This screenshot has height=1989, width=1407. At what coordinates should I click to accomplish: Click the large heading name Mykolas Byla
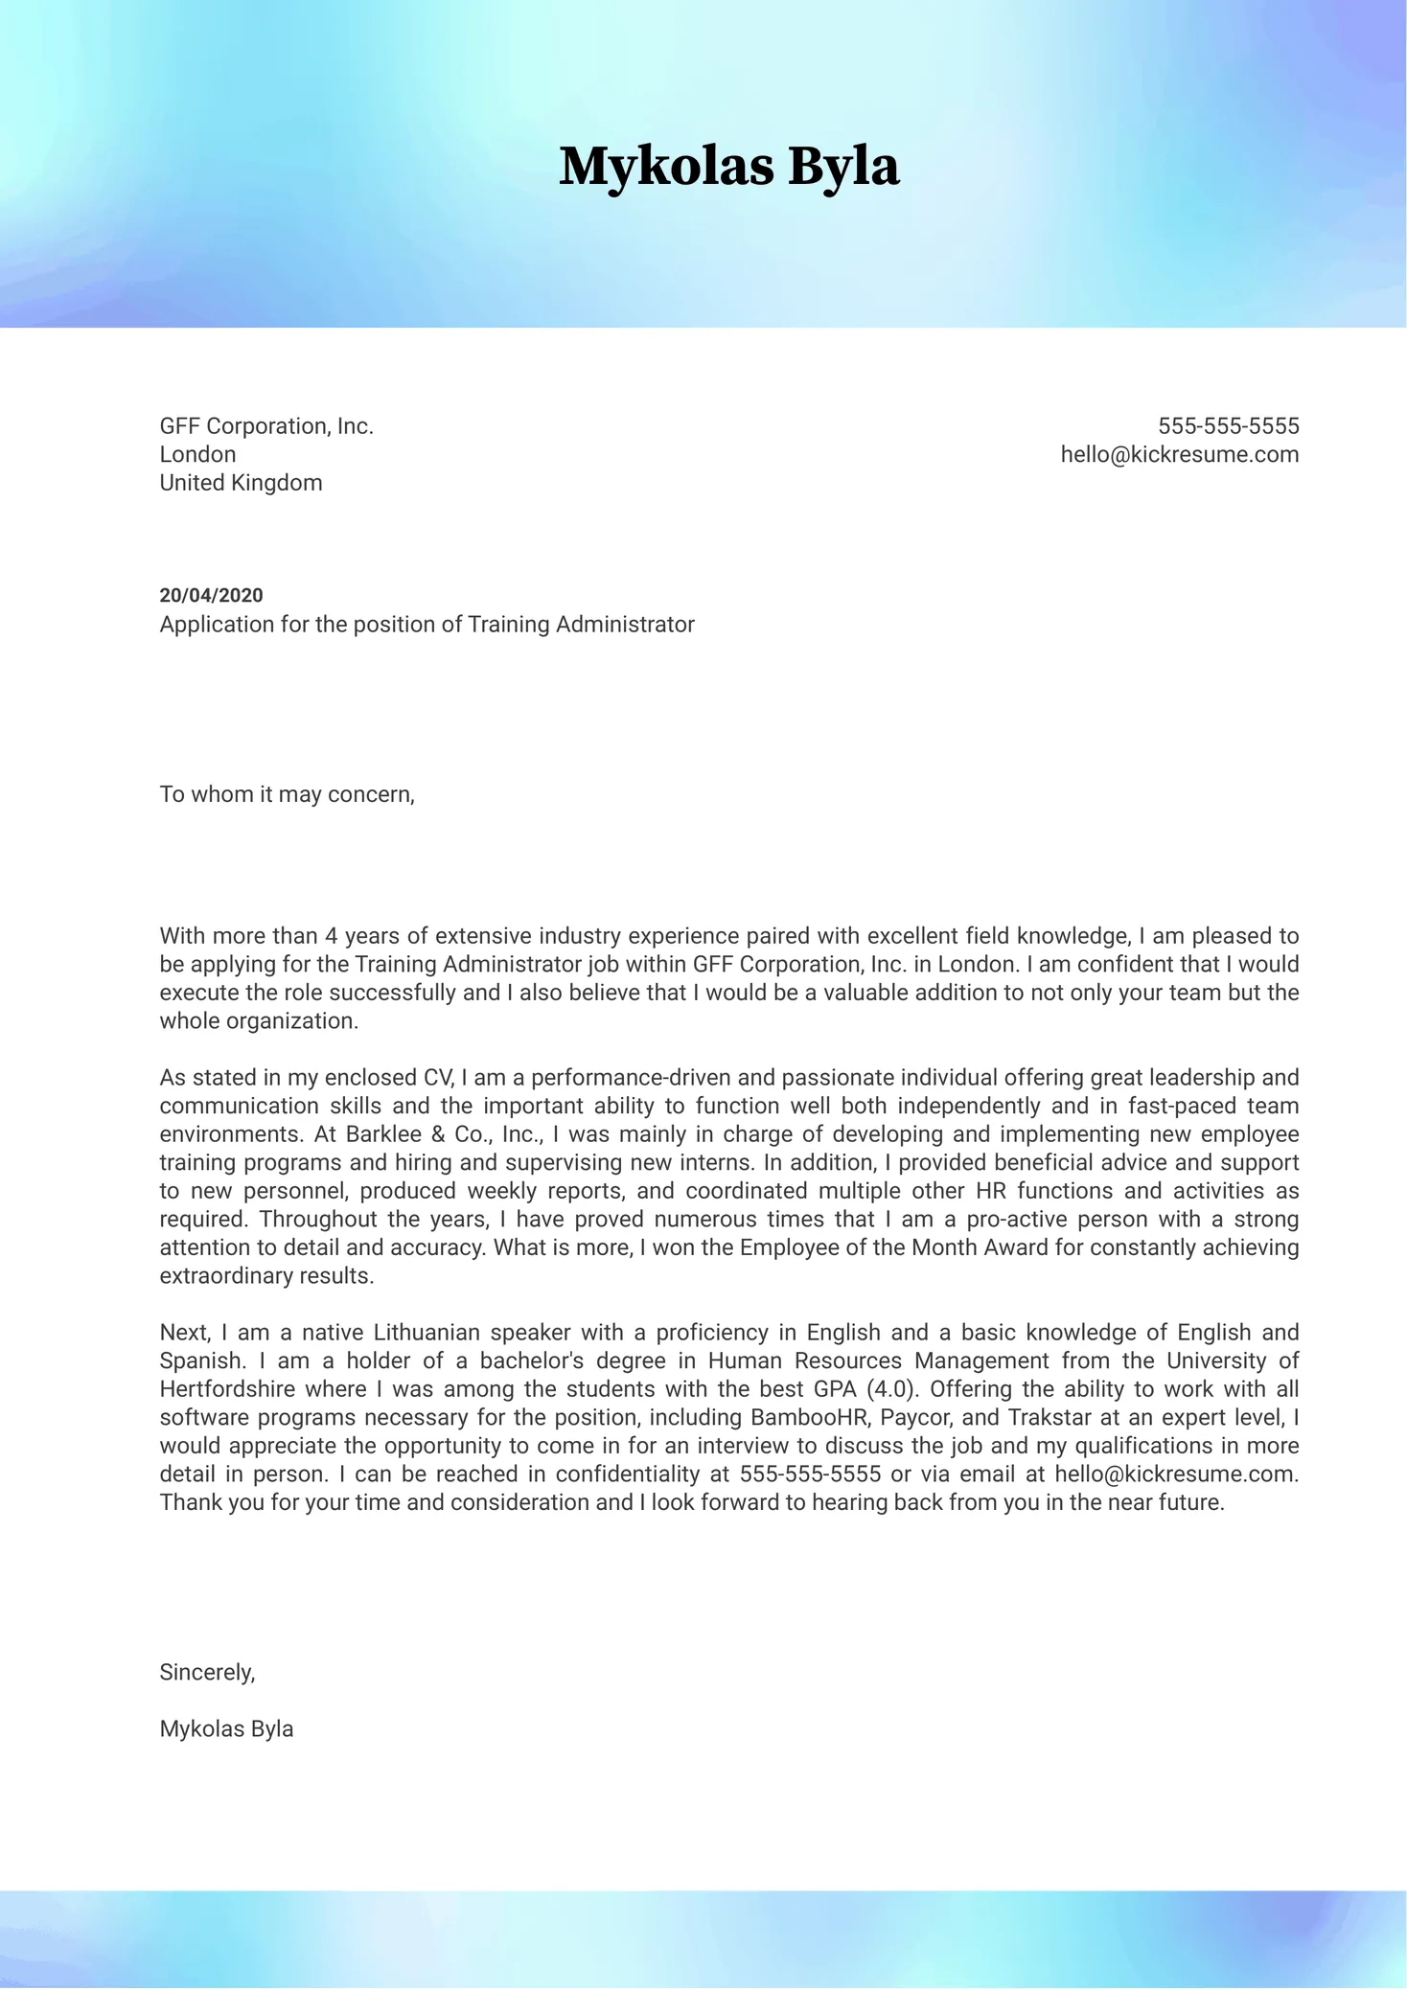(x=728, y=167)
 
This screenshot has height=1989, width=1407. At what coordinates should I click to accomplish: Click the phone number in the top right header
(x=1228, y=426)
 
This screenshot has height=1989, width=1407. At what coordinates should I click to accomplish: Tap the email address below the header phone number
(x=1179, y=455)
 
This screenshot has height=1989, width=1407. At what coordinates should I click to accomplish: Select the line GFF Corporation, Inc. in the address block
(x=266, y=426)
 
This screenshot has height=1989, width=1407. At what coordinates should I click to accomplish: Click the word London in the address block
(x=197, y=455)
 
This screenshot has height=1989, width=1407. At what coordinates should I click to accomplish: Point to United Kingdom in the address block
(x=241, y=483)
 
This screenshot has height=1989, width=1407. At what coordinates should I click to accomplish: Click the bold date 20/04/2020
(x=211, y=596)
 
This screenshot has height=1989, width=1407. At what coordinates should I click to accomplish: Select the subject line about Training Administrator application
(x=427, y=625)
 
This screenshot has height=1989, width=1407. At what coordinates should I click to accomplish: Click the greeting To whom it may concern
(x=287, y=794)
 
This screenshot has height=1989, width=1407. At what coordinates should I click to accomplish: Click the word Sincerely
(x=207, y=1673)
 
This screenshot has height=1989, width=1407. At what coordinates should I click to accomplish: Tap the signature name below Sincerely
(x=226, y=1729)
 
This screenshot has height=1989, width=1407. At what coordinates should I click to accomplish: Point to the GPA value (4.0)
(x=892, y=1389)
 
